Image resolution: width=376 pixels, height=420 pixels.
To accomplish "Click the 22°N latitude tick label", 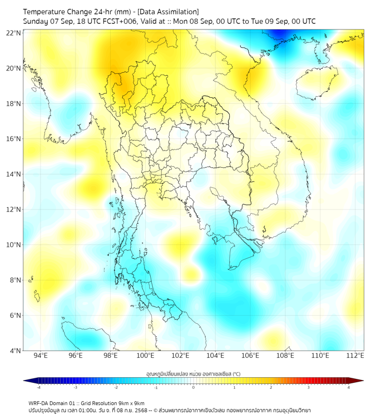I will [14, 33].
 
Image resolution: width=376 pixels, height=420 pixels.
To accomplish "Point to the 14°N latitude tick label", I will [14, 174].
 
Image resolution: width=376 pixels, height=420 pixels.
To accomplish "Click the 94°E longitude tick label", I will [41, 356].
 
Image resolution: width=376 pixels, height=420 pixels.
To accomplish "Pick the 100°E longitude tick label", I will [145, 356].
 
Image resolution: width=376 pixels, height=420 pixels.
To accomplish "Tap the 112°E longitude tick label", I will [355, 356].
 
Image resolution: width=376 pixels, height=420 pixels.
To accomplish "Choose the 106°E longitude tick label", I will [250, 356].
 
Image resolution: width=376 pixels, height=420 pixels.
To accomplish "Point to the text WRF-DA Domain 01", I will [53, 403].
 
